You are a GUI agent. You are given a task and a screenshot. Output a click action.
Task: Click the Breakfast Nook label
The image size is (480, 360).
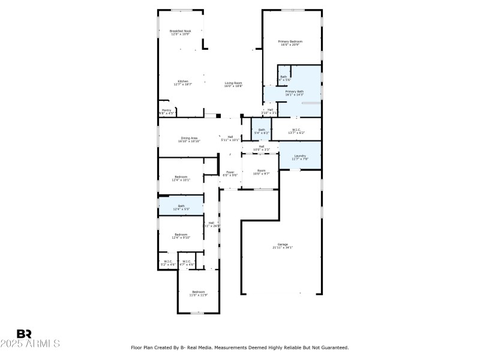click(x=179, y=31)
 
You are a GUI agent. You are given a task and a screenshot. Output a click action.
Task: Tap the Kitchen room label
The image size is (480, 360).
click(x=182, y=81)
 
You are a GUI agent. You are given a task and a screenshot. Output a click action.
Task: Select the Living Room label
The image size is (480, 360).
click(x=233, y=83)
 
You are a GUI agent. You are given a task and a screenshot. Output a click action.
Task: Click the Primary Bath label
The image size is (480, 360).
click(x=294, y=91)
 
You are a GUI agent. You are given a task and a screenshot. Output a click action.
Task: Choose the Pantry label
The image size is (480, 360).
click(x=166, y=110)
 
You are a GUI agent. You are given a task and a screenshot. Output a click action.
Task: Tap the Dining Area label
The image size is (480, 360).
click(x=190, y=138)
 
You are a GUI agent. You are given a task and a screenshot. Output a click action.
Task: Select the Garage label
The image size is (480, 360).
click(x=282, y=244)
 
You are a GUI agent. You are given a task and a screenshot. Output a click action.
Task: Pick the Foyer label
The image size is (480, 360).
click(x=230, y=172)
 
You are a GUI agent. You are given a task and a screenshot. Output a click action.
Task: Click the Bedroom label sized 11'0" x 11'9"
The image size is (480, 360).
click(x=198, y=292)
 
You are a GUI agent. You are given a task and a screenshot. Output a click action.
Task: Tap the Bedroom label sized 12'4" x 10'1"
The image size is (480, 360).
click(x=181, y=176)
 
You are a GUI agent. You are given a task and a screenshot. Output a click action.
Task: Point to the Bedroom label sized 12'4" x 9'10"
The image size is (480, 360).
click(x=181, y=234)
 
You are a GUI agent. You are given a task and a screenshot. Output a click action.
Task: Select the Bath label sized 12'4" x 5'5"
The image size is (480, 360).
click(x=181, y=206)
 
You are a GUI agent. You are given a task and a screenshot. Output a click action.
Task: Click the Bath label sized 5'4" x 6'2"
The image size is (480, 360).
click(x=262, y=130)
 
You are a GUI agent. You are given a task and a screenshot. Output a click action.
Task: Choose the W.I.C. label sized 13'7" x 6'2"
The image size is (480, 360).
click(x=296, y=130)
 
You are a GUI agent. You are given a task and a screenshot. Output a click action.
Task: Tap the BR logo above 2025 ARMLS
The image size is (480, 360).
click(x=24, y=334)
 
